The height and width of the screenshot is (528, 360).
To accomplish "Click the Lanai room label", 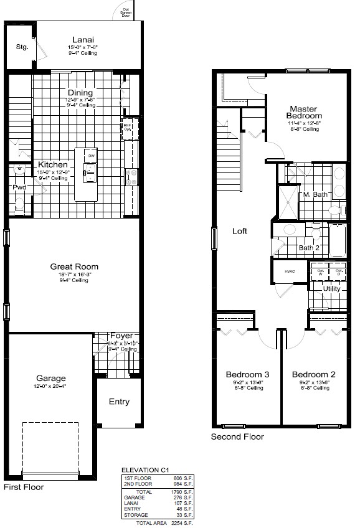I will coord(83,39).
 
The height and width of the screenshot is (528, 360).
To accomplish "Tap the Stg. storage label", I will coord(22,47).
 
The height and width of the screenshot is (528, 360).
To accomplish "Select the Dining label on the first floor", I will coord(81,93).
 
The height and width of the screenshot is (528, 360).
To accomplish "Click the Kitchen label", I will coord(52,165).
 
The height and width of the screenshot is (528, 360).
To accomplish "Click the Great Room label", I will coord(74,266).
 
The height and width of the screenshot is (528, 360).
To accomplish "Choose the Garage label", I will coord(51,378).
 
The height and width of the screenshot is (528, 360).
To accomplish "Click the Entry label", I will coord(119,402).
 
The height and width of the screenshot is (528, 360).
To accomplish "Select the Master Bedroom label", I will coord(304,111).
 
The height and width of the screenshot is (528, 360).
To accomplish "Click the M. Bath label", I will coord(315,195).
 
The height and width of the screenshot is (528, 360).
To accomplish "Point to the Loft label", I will coord(240,231).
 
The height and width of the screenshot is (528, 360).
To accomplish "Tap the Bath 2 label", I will coord(308,248).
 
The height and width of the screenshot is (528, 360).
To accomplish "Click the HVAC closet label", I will coord(290,271).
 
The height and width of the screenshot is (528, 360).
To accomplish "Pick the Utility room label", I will coord(331,289).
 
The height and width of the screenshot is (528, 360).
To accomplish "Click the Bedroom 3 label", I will coord(247,374).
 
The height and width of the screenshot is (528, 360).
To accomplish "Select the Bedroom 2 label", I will coord(314,374).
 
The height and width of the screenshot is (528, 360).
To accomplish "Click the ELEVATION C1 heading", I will coord(145,471).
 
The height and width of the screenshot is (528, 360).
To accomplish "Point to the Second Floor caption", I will coord(237,437).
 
